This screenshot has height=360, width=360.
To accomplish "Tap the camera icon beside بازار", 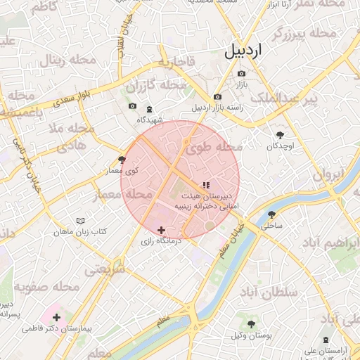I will [x=242, y=73].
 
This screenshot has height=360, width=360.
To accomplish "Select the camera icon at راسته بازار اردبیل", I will [x=217, y=96].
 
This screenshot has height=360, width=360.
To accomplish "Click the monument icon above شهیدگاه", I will [x=149, y=108].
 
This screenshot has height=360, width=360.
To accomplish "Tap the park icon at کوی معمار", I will [x=122, y=160].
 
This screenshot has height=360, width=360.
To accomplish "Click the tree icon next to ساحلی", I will [x=271, y=215].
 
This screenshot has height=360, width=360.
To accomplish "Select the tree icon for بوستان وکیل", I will [x=251, y=324].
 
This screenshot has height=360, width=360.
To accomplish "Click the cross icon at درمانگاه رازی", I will [x=162, y=230].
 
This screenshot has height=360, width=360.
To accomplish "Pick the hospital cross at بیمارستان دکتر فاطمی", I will [x=56, y=318].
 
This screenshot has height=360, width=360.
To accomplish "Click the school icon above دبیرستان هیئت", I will [x=205, y=186].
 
